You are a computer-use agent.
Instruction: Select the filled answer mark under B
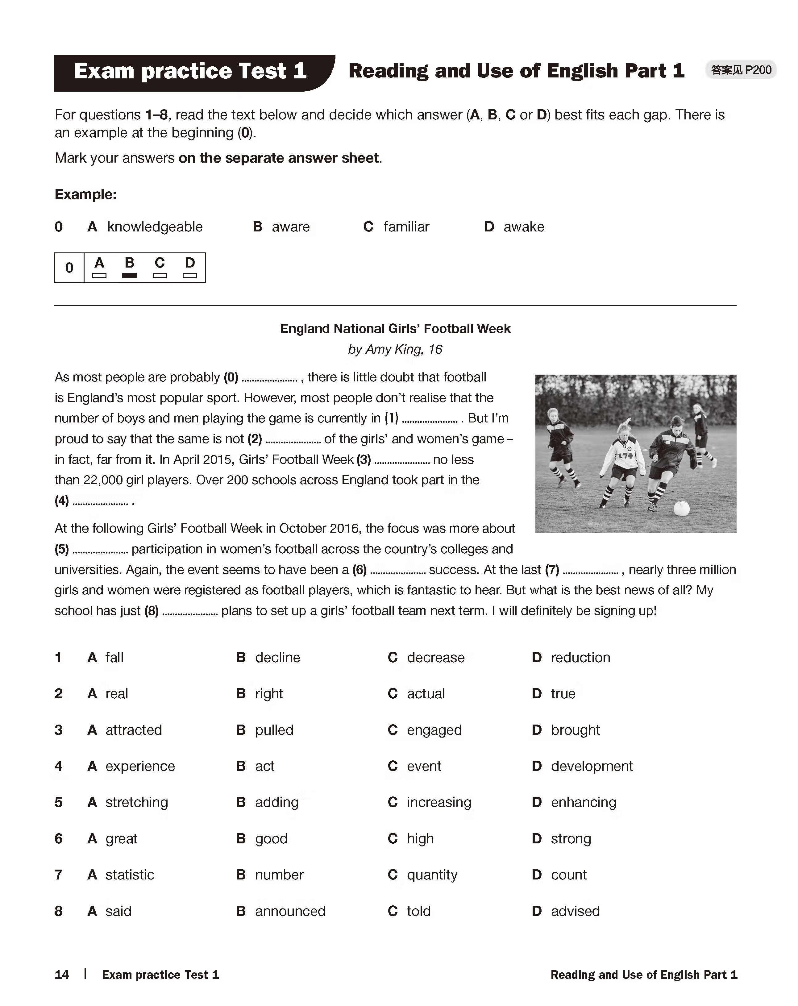point(129,275)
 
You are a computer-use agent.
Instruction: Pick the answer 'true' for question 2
point(563,693)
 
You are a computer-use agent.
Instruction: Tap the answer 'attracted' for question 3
point(134,730)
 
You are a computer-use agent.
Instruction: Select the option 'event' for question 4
point(424,766)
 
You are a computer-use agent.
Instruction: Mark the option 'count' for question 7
point(568,875)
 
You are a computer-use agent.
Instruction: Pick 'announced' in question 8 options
point(290,911)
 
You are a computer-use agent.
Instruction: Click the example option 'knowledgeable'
point(155,227)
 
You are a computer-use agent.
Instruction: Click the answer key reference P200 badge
point(741,70)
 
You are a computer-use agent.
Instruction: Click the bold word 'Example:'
point(85,194)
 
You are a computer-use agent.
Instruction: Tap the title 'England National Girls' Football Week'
point(395,329)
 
